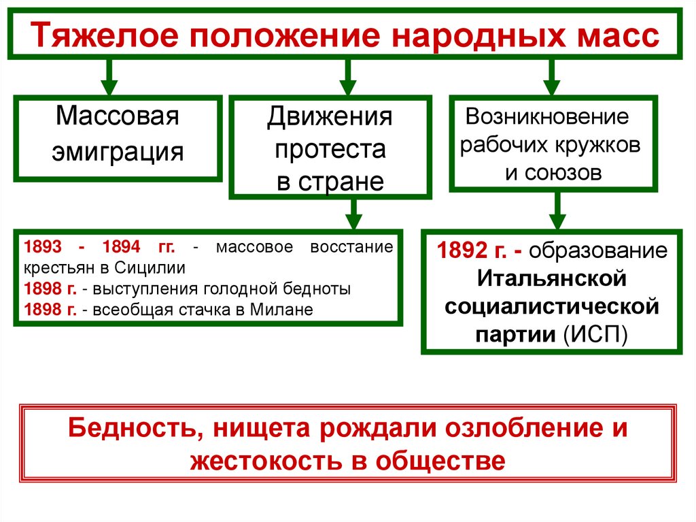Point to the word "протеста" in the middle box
pyautogui.click(x=330, y=149)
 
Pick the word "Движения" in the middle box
pyautogui.click(x=330, y=116)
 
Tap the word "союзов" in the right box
pyautogui.click(x=553, y=172)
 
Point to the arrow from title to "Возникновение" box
pyautogui.click(x=551, y=77)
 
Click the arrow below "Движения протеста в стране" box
pyautogui.click(x=353, y=215)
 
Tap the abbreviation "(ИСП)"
pyautogui.click(x=596, y=335)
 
